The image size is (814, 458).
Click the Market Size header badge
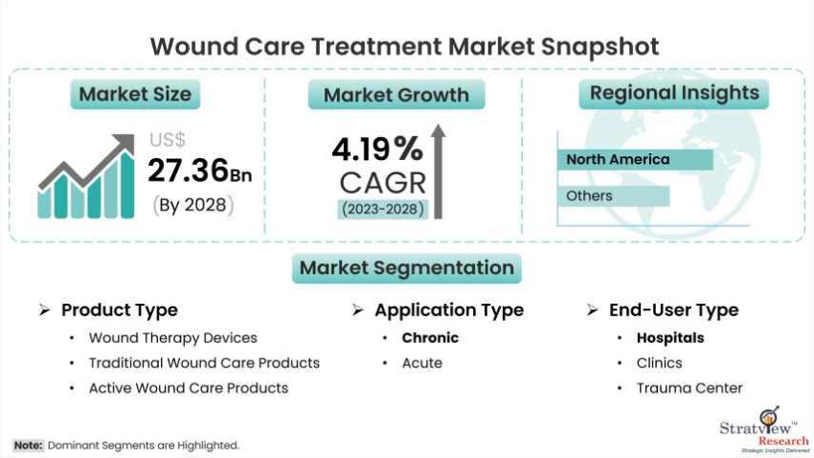click(x=135, y=94)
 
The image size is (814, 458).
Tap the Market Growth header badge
click(x=396, y=95)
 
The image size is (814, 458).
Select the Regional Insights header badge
click(x=674, y=94)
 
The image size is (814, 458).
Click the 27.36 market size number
click(x=189, y=171)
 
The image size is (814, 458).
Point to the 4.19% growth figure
click(x=377, y=149)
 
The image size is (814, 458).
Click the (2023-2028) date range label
click(x=383, y=209)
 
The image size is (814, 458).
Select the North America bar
click(x=636, y=159)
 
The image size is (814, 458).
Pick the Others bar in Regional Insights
click(x=614, y=196)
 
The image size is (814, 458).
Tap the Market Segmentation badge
click(x=407, y=268)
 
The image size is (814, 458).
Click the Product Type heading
click(x=120, y=310)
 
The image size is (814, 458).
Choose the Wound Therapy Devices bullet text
click(x=173, y=338)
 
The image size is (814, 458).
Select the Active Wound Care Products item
click(x=189, y=388)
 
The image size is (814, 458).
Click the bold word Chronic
click(x=430, y=338)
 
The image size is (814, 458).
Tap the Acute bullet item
click(x=422, y=363)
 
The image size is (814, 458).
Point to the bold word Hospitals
click(x=670, y=338)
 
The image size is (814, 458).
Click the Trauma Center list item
click(x=690, y=388)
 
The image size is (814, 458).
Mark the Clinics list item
click(x=659, y=363)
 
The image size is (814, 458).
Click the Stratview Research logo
click(x=764, y=430)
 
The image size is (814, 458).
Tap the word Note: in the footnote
click(x=28, y=446)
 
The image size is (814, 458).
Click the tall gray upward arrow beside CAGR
click(x=439, y=172)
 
